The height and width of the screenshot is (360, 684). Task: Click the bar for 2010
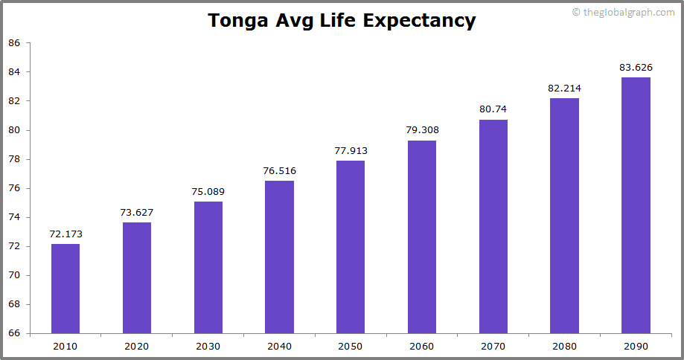65,289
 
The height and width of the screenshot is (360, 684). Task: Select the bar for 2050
351,247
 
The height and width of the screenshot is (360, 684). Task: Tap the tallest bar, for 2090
636,205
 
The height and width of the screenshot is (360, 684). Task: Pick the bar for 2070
493,226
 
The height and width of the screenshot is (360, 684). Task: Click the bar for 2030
208,267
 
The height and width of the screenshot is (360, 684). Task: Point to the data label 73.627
137,212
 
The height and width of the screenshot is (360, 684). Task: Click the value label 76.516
279,171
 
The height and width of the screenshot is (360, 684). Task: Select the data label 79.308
422,130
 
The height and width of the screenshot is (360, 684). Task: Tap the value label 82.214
564,88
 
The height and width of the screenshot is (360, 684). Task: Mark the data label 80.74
493,109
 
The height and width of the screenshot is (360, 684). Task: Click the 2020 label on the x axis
137,346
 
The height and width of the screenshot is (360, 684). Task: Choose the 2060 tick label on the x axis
422,346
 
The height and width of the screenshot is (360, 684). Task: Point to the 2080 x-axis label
564,346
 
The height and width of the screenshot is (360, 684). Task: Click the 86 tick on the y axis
14,43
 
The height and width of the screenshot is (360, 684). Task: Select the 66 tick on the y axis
14,333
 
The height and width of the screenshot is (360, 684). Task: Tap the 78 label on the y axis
14,159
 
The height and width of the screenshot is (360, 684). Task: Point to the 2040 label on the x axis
279,346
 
